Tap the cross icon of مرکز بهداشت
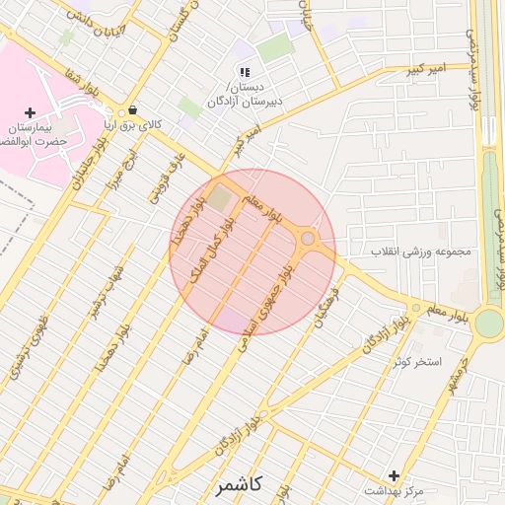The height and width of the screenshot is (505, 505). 395,475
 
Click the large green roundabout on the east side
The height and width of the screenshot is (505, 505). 488,323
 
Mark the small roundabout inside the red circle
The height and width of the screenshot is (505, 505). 308,239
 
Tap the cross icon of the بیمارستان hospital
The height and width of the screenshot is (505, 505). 30,112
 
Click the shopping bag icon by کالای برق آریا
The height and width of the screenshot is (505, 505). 132,109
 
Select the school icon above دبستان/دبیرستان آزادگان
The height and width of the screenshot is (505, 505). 245,72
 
